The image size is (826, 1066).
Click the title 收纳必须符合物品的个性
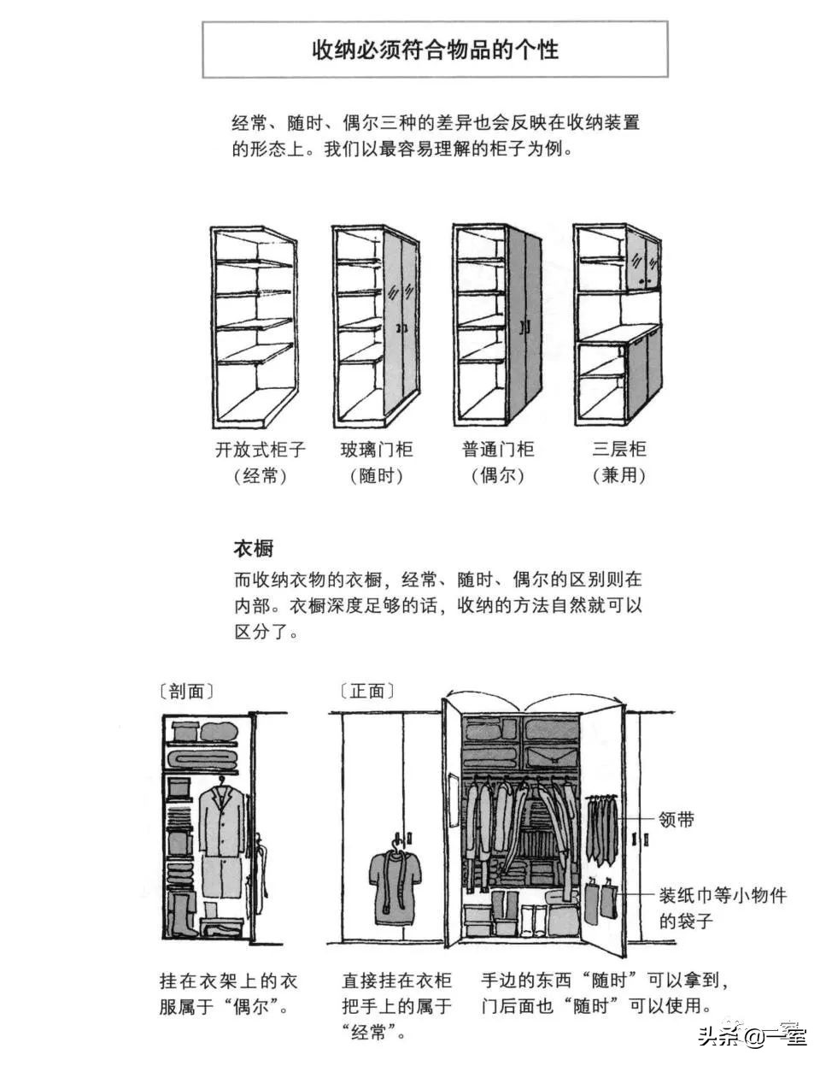(x=435, y=50)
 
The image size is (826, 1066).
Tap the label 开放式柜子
(x=260, y=450)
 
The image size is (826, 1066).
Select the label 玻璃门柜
(x=376, y=450)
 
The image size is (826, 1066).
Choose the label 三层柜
(x=618, y=450)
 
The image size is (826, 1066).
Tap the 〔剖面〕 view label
(x=186, y=691)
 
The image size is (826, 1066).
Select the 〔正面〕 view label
(x=367, y=691)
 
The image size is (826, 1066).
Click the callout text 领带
(x=676, y=820)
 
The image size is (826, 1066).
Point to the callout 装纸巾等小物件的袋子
(x=722, y=908)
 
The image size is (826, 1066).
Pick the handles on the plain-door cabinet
(x=526, y=327)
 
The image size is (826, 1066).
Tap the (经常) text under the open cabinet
(x=260, y=476)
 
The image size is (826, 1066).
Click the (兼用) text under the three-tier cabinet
(x=618, y=476)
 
